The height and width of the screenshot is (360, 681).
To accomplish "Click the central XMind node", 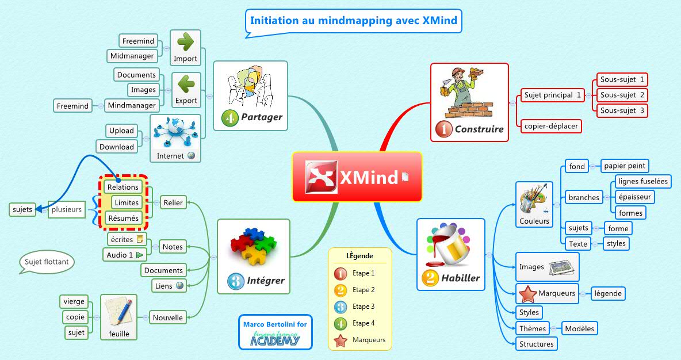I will pos(357,177).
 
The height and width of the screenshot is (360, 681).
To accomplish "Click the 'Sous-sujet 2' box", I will pos(622,95).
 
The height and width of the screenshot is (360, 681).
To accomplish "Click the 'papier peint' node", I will pos(625,166).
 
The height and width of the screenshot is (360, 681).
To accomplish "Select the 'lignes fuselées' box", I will pos(642,182).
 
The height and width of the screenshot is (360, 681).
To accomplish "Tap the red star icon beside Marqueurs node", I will pos(527,294).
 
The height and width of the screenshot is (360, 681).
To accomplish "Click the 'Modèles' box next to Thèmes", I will pos(580,328).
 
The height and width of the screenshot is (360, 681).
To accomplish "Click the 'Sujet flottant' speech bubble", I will pos(47,262).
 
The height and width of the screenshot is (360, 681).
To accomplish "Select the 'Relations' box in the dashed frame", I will pos(123,187).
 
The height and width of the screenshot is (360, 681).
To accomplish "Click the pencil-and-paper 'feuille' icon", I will pos(119,312).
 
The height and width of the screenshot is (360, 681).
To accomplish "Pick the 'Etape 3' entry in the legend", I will pos(363,307).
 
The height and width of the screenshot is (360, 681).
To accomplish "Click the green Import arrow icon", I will pos(185,42).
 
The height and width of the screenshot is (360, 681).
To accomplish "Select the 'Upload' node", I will pos(121,131).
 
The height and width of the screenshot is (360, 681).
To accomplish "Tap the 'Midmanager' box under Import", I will pos(132,56).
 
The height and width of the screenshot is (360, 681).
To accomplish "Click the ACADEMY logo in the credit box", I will pos(275,340).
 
